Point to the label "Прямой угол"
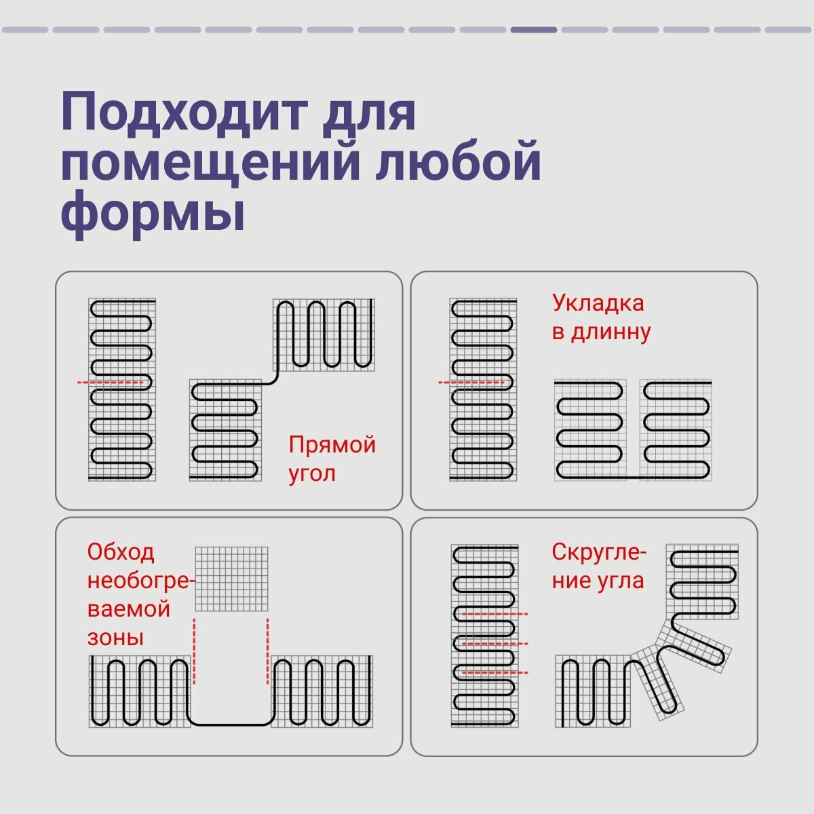(332, 459)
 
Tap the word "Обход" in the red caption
(121, 552)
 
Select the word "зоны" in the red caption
(115, 638)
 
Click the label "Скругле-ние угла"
(598, 566)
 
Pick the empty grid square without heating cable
(231, 579)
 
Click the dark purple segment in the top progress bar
(534, 30)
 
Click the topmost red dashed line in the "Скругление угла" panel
(493, 614)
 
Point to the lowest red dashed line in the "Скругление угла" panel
(493, 672)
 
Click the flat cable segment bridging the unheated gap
(231, 724)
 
